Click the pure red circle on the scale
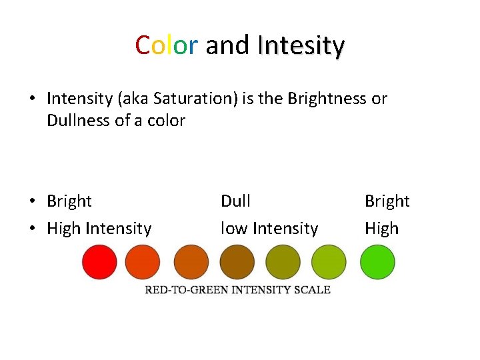point(99,262)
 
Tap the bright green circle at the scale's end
point(377,262)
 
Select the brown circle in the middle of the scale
point(237,262)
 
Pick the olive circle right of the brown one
point(283,262)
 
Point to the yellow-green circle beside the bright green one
point(329,262)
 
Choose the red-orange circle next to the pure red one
point(143,262)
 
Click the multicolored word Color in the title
point(166,45)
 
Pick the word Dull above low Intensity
point(235,201)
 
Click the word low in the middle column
point(233,229)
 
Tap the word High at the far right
point(381,229)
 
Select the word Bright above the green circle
point(387,201)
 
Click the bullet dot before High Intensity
point(32,229)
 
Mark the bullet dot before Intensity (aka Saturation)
point(32,99)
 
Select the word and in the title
point(227,45)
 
